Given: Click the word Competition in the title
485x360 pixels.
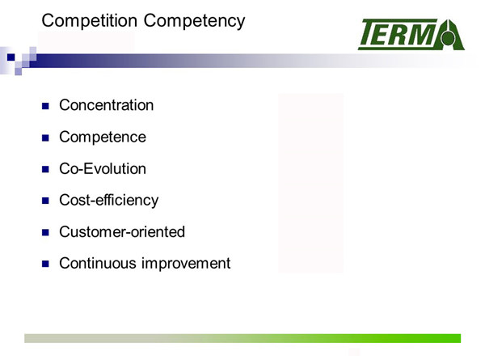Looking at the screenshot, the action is pyautogui.click(x=90, y=21).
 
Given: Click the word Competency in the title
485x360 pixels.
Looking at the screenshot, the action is pyautogui.click(x=194, y=21).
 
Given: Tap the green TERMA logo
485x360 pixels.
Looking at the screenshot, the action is pyautogui.click(x=411, y=34).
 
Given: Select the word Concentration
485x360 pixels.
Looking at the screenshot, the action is pyautogui.click(x=107, y=105).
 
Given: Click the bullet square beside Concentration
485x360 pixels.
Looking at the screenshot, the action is pyautogui.click(x=45, y=106).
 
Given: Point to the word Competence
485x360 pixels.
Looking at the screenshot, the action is pyautogui.click(x=103, y=138).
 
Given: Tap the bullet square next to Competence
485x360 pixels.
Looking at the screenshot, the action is pyautogui.click(x=45, y=138).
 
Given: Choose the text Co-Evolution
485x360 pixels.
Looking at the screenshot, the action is pyautogui.click(x=103, y=169).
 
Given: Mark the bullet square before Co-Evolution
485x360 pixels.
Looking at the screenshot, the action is pyautogui.click(x=45, y=169).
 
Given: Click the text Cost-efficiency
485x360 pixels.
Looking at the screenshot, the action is pyautogui.click(x=109, y=201).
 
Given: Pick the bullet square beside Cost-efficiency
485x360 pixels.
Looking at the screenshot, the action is pyautogui.click(x=45, y=201).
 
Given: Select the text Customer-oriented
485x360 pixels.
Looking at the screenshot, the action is pyautogui.click(x=122, y=232).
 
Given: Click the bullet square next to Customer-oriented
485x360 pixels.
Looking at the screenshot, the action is pyautogui.click(x=45, y=232).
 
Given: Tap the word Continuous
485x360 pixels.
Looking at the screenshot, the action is pyautogui.click(x=98, y=264).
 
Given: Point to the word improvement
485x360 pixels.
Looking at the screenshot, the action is pyautogui.click(x=186, y=264).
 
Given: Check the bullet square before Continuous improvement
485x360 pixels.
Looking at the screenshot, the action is pyautogui.click(x=45, y=264).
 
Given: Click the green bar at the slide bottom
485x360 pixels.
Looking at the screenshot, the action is pyautogui.click(x=242, y=338).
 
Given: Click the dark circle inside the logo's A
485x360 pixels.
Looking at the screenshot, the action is pyautogui.click(x=448, y=38).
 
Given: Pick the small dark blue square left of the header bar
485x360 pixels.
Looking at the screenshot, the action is pyautogui.click(x=11, y=57).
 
